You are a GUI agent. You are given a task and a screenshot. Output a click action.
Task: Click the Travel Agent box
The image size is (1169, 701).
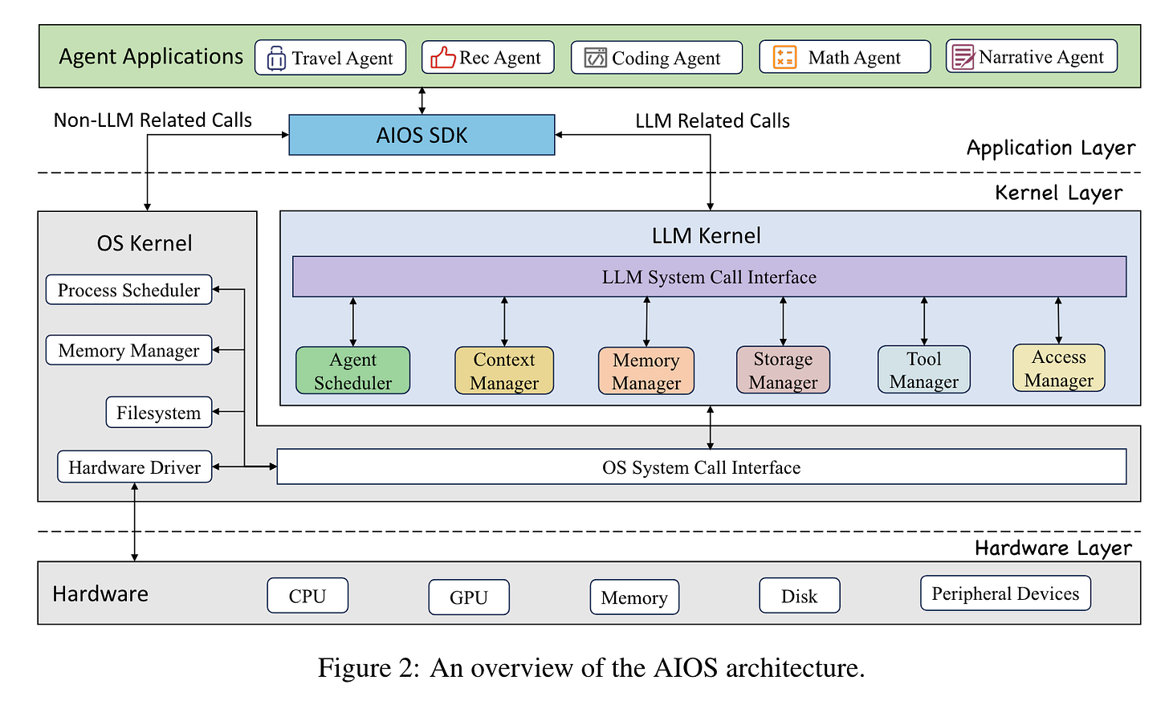(x=330, y=58)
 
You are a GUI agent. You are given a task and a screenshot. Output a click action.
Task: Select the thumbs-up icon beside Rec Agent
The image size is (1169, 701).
(x=442, y=58)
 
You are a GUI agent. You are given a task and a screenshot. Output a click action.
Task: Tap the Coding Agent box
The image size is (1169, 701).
(x=656, y=58)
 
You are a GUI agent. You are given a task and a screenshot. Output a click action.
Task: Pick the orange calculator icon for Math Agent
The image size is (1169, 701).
(x=784, y=57)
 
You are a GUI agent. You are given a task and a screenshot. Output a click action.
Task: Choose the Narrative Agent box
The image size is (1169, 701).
(x=1031, y=56)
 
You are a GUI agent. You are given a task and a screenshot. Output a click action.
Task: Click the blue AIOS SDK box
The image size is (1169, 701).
(x=422, y=135)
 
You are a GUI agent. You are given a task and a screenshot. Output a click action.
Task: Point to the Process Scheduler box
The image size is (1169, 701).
(x=128, y=290)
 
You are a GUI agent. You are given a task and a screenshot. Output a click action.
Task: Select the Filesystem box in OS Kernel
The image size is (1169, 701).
(x=158, y=413)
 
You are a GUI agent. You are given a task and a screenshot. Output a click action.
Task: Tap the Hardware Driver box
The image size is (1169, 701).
(x=134, y=467)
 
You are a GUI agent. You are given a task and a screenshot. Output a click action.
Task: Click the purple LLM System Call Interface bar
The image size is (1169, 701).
(x=709, y=277)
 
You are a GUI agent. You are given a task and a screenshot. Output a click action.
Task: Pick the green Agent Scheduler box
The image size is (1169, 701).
(x=352, y=371)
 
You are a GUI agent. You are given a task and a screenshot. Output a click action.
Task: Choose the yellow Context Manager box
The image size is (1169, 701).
(x=504, y=371)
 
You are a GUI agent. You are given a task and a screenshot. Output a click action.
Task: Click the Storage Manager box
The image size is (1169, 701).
(x=783, y=370)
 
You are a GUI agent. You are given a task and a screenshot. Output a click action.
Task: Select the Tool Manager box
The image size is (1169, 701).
(x=923, y=370)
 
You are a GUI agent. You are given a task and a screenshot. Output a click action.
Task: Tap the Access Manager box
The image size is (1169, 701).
(x=1058, y=369)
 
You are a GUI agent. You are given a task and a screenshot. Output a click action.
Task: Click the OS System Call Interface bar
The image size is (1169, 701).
(x=701, y=467)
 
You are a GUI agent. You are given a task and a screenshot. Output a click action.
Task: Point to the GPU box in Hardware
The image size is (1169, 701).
(x=469, y=597)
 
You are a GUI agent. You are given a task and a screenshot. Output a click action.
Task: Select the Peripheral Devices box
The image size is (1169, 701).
(x=1005, y=593)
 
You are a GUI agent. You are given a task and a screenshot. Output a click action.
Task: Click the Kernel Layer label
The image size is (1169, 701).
(x=1058, y=193)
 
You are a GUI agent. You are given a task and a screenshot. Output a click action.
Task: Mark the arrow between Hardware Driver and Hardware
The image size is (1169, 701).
(x=134, y=522)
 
